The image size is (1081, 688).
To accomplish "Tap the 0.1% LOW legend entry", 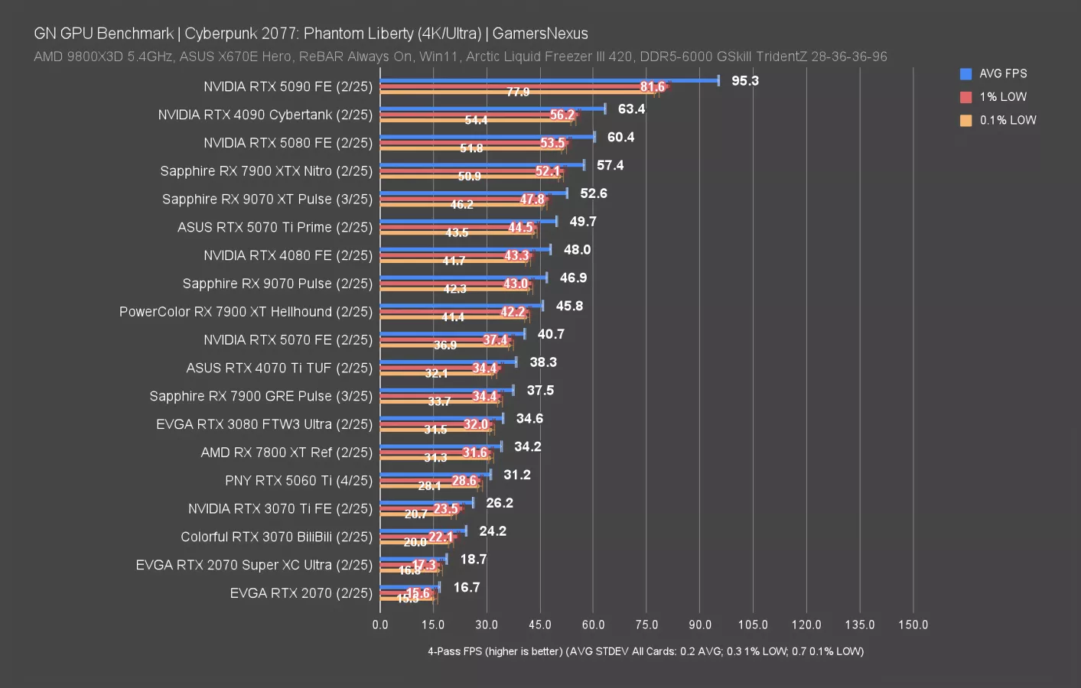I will click(x=1007, y=120).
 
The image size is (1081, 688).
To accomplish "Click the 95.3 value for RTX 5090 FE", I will click(x=744, y=81).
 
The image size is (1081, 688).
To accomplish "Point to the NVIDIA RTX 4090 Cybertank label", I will click(x=265, y=115).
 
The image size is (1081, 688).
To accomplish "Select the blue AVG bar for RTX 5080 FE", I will click(x=487, y=137).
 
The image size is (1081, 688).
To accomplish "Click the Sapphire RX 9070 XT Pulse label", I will click(x=267, y=199).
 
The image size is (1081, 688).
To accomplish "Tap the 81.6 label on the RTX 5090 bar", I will click(x=653, y=86).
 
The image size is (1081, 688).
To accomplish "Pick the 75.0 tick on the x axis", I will click(x=646, y=625).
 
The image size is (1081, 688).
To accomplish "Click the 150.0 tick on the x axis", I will click(x=913, y=625).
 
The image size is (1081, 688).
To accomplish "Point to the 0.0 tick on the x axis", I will click(x=380, y=625).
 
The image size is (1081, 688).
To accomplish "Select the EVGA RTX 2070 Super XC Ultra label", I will click(x=254, y=565).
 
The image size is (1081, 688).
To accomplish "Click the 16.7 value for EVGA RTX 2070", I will click(x=467, y=587).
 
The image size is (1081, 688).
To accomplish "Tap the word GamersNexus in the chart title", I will click(x=540, y=34).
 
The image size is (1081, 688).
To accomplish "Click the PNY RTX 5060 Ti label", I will click(x=298, y=480).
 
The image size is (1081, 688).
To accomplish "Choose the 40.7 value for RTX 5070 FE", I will click(x=551, y=334).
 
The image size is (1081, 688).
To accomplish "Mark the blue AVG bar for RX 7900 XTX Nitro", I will click(x=482, y=164).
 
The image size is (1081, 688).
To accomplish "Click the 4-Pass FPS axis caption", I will click(x=646, y=651).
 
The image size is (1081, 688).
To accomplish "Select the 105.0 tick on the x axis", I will click(x=753, y=625).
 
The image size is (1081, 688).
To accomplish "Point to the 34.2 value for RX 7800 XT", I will click(x=528, y=446).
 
